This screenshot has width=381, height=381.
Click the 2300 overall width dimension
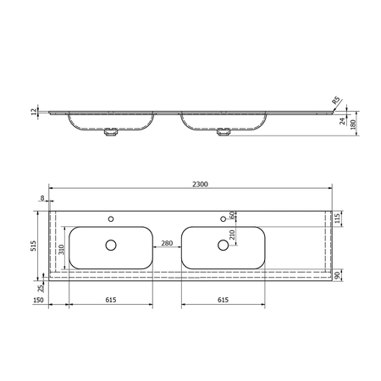(x=200, y=185)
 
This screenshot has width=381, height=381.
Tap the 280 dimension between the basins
(x=167, y=243)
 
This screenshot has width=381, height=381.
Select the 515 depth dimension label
(x=34, y=246)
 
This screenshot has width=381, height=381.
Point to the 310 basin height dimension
(x=62, y=250)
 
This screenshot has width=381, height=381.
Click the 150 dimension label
(x=38, y=300)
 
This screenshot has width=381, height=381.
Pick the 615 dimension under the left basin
(x=111, y=300)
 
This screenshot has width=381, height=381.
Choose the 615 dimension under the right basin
(x=223, y=300)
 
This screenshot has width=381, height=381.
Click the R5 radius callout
(x=335, y=100)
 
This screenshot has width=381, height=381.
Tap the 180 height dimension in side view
(x=353, y=124)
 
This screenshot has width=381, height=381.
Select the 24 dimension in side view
(x=342, y=121)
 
